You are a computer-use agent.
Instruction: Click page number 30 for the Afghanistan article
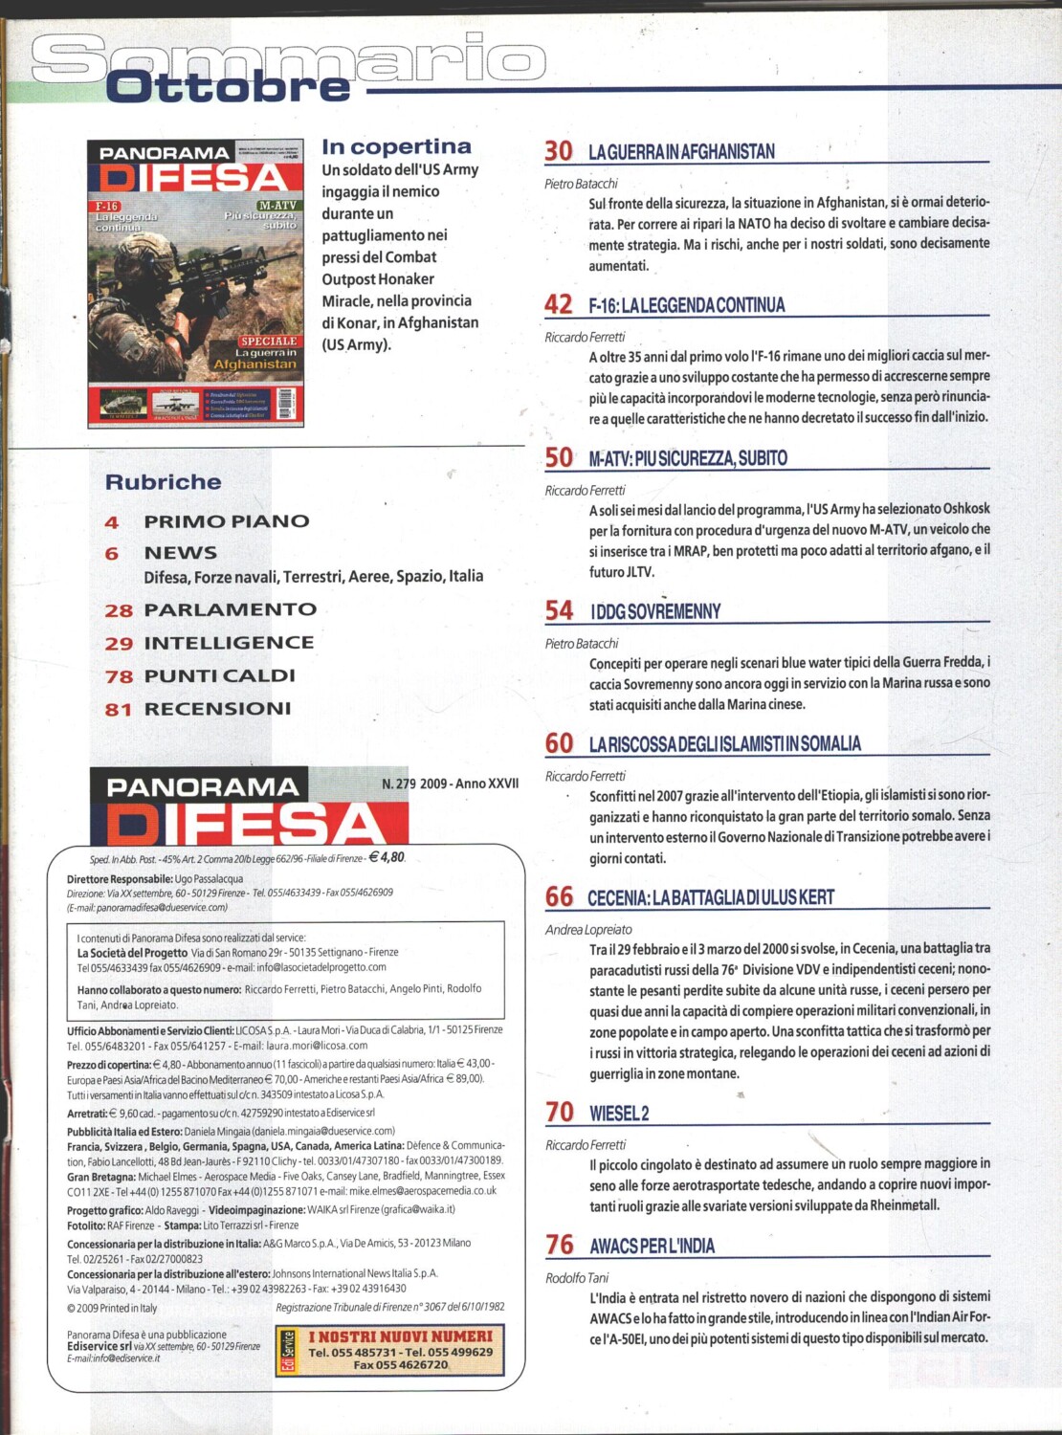pos(559,151)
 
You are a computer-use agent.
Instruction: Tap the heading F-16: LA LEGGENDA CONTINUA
pos(687,305)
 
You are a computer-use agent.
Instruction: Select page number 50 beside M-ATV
pos(559,457)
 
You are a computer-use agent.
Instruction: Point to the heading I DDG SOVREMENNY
pos(655,611)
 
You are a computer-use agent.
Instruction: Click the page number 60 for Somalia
pos(559,743)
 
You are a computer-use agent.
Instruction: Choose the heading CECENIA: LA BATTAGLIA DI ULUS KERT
pos(711,897)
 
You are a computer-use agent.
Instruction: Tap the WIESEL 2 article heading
pos(619,1114)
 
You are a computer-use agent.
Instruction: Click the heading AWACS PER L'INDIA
pos(653,1246)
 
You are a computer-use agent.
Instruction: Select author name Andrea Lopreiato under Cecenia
pos(588,929)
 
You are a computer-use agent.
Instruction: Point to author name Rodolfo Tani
pos(577,1277)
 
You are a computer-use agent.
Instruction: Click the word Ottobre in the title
pos(229,87)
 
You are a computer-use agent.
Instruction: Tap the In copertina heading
pos(396,146)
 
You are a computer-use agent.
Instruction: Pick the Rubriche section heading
pos(164,482)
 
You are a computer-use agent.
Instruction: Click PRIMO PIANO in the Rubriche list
pos(227,521)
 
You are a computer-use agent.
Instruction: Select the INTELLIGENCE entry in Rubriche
pos(229,643)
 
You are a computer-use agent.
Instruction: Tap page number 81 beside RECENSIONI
pos(118,709)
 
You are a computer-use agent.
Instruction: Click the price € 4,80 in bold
pos(387,857)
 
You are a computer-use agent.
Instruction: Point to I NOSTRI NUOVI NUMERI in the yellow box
pos(400,1336)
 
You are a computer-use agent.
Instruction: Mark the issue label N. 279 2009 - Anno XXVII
pos(450,784)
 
